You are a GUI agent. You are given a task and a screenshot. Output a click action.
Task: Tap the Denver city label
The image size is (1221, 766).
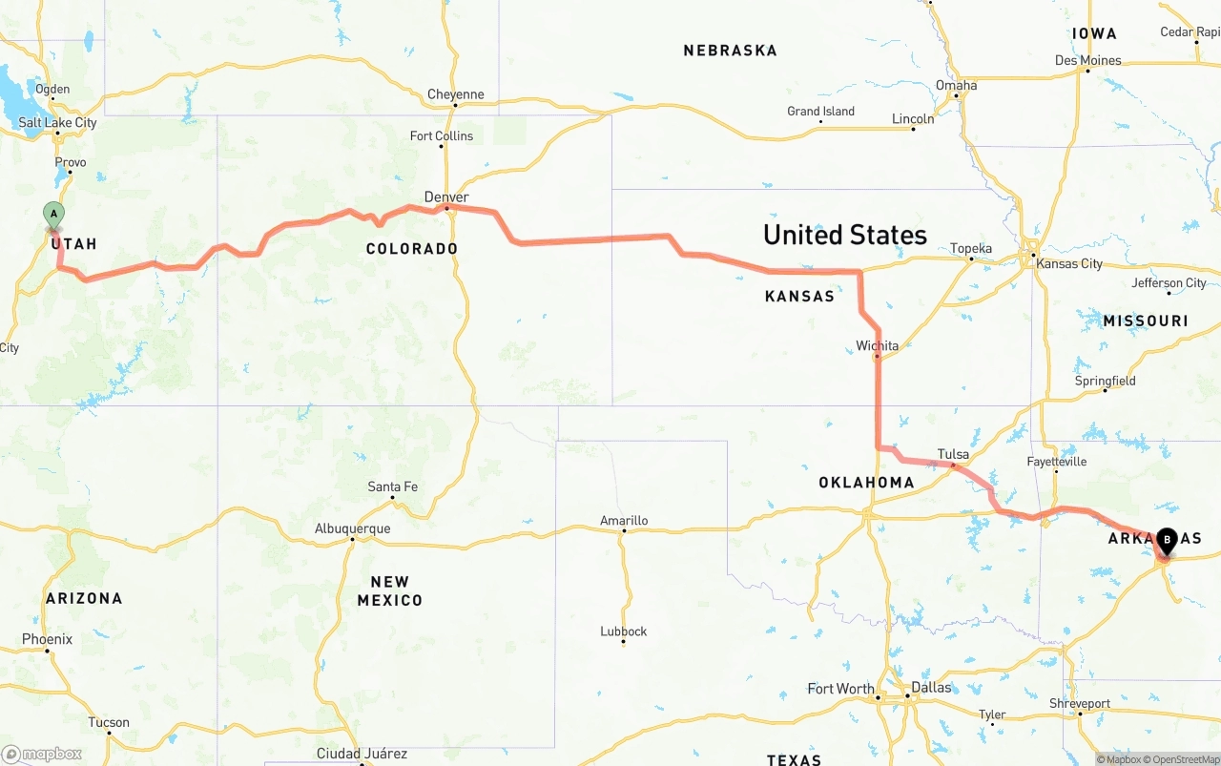(x=446, y=197)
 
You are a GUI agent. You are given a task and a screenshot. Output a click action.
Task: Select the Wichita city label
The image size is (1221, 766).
(x=877, y=345)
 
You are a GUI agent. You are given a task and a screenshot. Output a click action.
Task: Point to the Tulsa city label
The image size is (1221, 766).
(x=953, y=454)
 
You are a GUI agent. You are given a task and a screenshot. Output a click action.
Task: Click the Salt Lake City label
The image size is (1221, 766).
(x=57, y=122)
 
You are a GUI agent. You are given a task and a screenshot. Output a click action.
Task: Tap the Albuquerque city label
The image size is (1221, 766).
(x=352, y=528)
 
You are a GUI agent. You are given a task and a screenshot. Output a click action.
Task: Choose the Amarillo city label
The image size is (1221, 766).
(x=624, y=520)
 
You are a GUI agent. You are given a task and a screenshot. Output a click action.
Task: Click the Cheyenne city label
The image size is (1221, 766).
(x=455, y=94)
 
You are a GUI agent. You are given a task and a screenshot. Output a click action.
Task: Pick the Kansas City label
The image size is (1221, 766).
(x=1070, y=263)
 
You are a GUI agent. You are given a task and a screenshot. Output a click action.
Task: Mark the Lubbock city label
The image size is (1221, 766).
(x=624, y=631)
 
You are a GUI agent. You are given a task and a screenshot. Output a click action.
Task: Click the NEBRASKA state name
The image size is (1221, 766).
(x=730, y=51)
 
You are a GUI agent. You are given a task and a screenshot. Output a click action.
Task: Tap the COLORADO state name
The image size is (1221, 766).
(x=412, y=249)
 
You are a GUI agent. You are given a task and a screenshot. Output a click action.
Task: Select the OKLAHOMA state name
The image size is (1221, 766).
(x=866, y=483)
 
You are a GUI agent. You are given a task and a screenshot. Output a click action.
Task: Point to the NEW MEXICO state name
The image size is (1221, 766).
(x=389, y=590)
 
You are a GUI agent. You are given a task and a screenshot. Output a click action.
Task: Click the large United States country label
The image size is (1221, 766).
(x=844, y=235)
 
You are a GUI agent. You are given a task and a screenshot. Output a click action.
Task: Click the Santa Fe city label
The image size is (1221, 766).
(x=392, y=487)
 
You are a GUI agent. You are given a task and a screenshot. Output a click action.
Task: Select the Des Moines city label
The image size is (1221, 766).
(x=1087, y=60)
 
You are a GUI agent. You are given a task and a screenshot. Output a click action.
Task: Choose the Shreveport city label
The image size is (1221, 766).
(x=1080, y=703)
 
